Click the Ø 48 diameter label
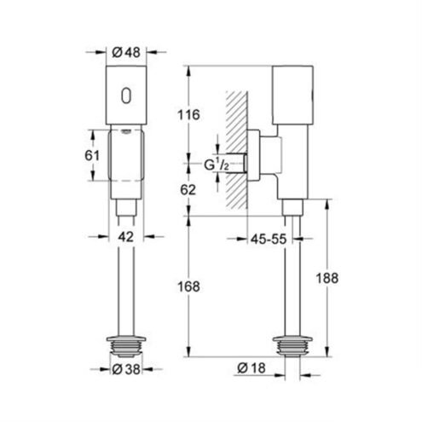pyautogui.click(x=126, y=52)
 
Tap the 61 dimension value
pyautogui.click(x=92, y=155)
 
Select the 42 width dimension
pyautogui.click(x=126, y=236)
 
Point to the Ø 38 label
pyautogui.click(x=126, y=369)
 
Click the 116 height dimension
pyautogui.click(x=188, y=115)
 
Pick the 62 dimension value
pyautogui.click(x=188, y=190)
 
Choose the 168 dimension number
pyautogui.click(x=188, y=286)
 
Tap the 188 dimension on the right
pyautogui.click(x=327, y=278)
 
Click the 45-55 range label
pyautogui.click(x=269, y=239)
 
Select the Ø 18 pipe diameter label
pyautogui.click(x=251, y=368)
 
